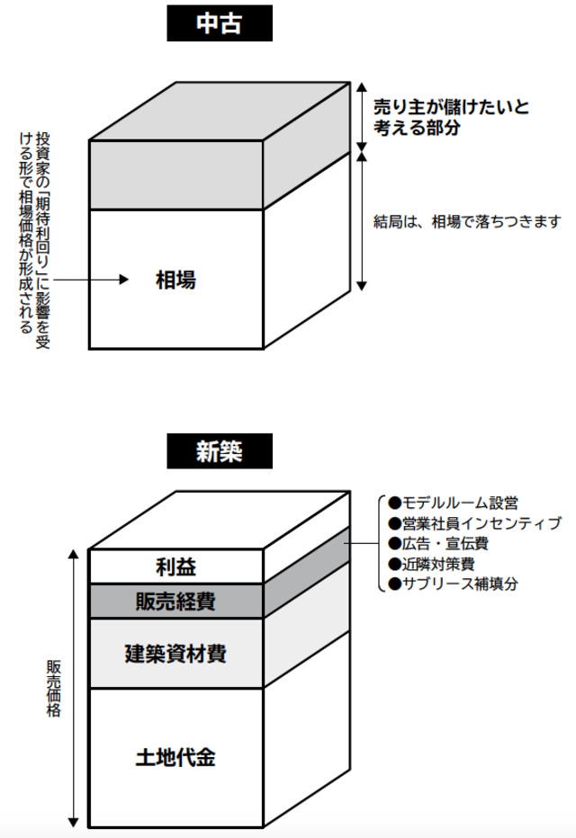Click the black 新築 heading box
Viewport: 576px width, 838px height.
(219, 452)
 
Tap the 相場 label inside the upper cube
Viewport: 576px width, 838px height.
(175, 281)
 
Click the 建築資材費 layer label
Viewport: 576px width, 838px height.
(175, 653)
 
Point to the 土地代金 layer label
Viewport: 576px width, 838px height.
(175, 757)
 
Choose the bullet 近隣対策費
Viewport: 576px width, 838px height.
(431, 564)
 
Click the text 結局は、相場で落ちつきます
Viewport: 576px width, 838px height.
(467, 220)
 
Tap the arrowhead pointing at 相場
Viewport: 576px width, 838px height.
(126, 281)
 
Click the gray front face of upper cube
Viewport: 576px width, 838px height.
(175, 174)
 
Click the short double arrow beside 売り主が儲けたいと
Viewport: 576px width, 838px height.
(362, 115)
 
